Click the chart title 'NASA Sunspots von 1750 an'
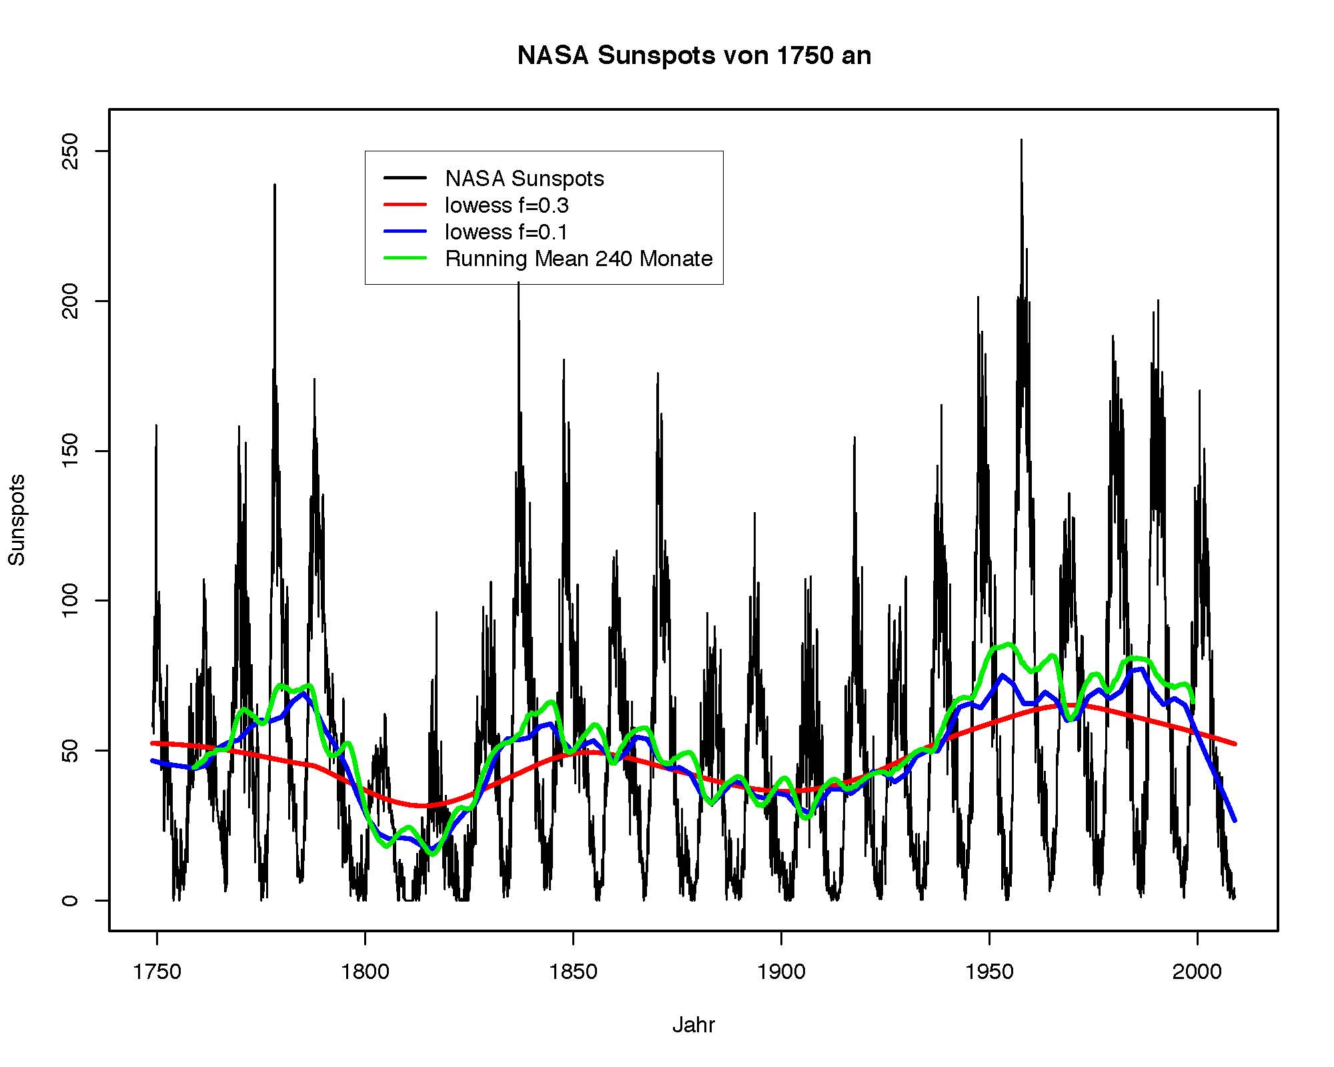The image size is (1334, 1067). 694,55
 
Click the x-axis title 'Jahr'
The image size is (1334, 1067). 693,1025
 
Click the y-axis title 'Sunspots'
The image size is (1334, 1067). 17,519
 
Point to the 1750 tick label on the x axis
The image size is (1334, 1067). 157,972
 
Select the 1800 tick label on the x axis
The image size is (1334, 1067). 365,972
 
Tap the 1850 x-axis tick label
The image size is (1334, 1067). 573,972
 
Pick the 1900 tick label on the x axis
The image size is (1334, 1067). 781,972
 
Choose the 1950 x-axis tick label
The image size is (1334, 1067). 989,972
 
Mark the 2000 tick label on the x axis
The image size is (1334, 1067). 1197,972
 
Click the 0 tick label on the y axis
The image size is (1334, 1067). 70,900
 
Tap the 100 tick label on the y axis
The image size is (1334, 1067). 70,600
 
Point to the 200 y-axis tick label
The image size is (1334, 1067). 70,301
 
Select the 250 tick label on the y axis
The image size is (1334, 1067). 70,151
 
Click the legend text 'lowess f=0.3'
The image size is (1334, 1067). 507,205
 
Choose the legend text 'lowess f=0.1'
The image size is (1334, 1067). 506,232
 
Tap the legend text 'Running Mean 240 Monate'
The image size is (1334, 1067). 579,259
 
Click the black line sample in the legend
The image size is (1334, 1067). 405,178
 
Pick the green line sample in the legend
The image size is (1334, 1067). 405,258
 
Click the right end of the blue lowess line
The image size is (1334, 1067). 1235,820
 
